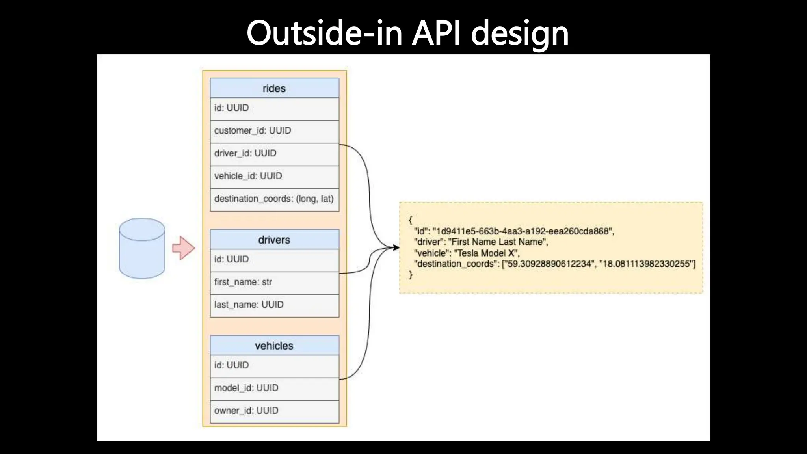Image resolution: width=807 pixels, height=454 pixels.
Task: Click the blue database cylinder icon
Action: click(x=142, y=248)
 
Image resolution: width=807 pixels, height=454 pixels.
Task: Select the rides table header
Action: click(x=274, y=88)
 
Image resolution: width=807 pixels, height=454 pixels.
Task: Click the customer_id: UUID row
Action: click(x=253, y=131)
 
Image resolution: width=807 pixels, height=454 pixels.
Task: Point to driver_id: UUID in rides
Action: click(x=245, y=153)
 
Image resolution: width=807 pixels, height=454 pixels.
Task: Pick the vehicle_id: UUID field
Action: click(x=248, y=176)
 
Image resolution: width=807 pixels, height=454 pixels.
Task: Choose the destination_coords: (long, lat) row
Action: click(x=274, y=199)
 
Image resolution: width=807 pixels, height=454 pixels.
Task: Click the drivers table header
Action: click(x=274, y=240)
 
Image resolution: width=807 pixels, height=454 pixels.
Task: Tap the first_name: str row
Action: click(x=243, y=282)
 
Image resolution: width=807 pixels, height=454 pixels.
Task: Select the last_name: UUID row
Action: click(x=249, y=305)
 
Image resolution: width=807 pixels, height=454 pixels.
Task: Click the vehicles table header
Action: click(x=274, y=346)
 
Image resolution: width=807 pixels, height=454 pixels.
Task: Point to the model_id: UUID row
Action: click(x=246, y=388)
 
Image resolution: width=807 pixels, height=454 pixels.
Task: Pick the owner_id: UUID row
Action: click(x=246, y=411)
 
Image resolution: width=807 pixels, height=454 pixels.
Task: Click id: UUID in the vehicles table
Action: click(x=231, y=365)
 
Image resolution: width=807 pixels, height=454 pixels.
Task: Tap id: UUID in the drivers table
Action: click(x=231, y=259)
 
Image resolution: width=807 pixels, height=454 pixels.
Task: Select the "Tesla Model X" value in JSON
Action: click(x=487, y=253)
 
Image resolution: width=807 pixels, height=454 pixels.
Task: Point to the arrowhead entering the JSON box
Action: click(x=396, y=247)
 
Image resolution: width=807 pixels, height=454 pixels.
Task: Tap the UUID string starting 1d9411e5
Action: click(x=523, y=231)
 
